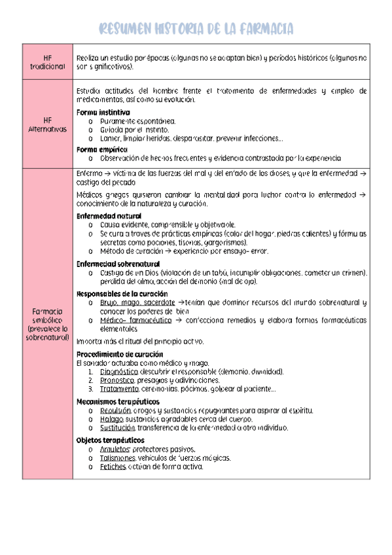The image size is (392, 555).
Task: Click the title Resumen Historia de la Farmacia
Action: [196, 28]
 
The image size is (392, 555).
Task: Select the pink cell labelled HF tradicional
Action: [47, 62]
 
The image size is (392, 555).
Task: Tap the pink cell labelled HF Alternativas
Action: [47, 124]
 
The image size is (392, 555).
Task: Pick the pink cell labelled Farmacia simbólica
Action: [47, 323]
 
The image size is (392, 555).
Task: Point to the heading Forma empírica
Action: [101, 149]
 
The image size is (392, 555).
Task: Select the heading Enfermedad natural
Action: [109, 215]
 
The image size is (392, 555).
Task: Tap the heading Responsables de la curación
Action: [122, 293]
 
